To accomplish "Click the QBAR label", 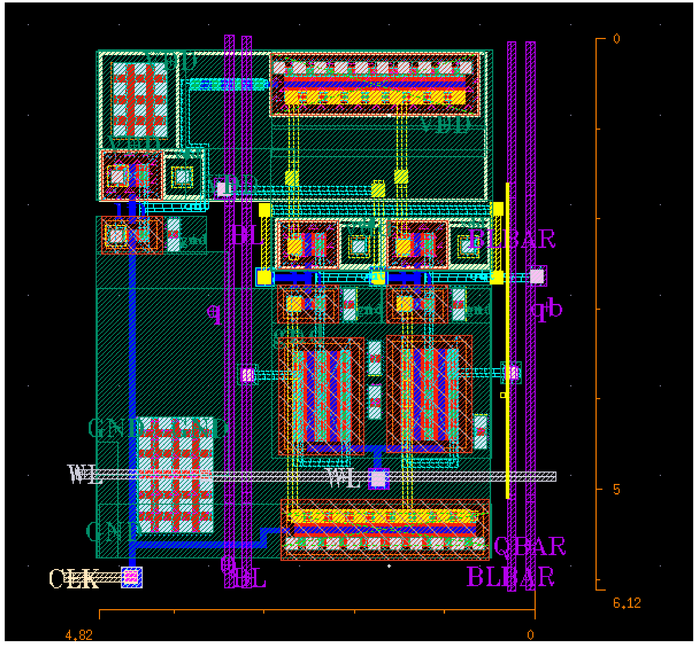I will pos(529,546).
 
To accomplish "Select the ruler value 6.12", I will pos(627,603).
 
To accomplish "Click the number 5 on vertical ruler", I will pos(617,490).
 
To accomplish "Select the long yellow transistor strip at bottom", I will pos(383,517).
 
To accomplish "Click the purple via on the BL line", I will pos(247,375).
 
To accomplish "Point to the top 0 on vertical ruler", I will pos(617,39).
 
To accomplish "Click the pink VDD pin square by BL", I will pos(222,189).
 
